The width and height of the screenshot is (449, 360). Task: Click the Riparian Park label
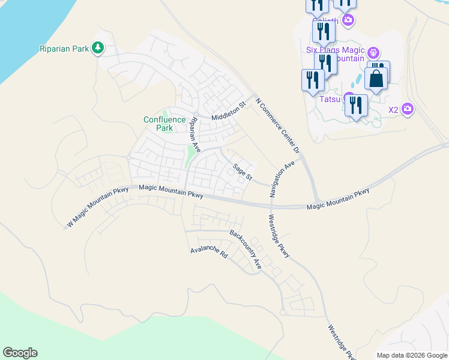(x=63, y=48)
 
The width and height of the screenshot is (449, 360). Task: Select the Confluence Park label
(x=164, y=124)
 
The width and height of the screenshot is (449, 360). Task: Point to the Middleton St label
(x=229, y=112)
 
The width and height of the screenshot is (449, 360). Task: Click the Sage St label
(x=243, y=172)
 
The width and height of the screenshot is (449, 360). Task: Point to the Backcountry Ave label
(x=246, y=248)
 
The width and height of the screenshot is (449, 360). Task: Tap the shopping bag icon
(x=376, y=79)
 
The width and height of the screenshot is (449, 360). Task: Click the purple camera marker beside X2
(x=408, y=109)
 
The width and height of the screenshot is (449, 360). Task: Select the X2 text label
(x=393, y=110)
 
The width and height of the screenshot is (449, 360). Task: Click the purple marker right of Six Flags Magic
(x=373, y=53)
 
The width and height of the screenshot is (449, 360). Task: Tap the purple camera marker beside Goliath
(x=348, y=20)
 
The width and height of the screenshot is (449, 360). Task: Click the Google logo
(x=20, y=353)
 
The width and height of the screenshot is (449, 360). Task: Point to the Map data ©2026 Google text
(x=412, y=355)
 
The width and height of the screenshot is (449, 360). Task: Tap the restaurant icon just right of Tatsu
(x=356, y=106)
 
